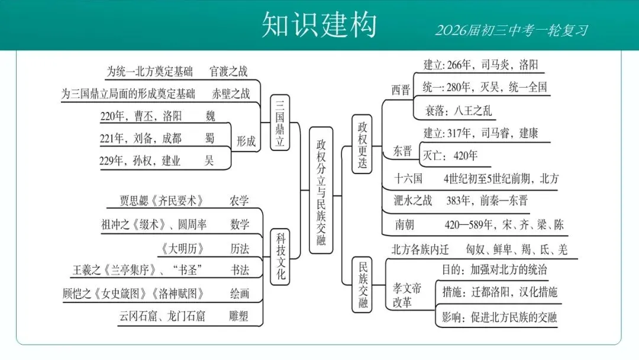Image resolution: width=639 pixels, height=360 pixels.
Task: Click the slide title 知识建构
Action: coord(319,25)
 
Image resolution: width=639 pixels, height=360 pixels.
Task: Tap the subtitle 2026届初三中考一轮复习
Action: coord(511,30)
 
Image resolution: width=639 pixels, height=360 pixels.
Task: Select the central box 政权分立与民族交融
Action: coord(321,190)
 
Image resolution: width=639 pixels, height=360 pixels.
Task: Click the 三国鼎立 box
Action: coord(280,123)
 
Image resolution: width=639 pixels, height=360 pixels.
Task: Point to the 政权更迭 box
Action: coord(362,144)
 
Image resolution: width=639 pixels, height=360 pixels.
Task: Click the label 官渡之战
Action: coord(228,72)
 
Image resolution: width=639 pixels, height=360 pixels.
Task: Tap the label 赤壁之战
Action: coord(231,94)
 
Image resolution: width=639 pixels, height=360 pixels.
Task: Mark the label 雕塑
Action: coord(239,316)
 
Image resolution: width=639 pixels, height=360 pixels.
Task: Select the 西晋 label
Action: coord(401,90)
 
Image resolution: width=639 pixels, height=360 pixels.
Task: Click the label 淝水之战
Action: coord(414,201)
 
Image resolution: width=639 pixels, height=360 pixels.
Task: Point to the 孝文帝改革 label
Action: coord(408,295)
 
